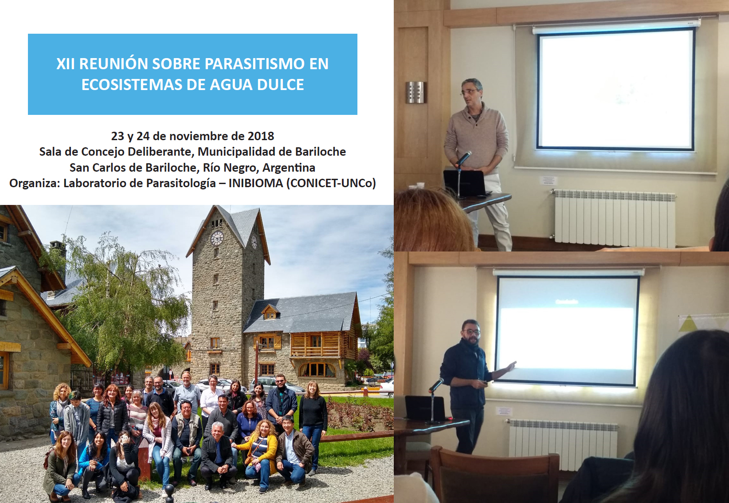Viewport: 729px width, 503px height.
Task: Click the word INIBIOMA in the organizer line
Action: tap(256, 183)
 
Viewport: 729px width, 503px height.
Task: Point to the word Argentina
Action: tap(289, 168)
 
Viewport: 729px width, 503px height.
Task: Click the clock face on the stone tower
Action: tap(217, 238)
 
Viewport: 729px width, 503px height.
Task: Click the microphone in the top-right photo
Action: tap(463, 158)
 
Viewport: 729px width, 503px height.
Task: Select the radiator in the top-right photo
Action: tap(615, 217)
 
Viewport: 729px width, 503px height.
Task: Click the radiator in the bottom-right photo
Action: tap(563, 444)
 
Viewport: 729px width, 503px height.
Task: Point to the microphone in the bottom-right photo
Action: tap(436, 385)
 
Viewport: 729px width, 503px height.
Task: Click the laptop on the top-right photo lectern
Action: tap(464, 183)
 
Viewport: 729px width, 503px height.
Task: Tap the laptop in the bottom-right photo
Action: tap(425, 408)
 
